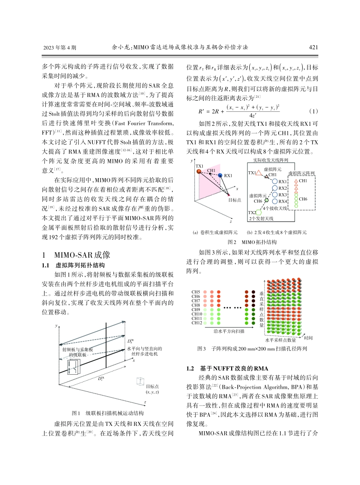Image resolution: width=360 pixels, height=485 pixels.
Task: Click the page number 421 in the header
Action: click(313, 47)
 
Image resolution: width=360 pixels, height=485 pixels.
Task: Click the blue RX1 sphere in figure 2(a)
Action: click(220, 175)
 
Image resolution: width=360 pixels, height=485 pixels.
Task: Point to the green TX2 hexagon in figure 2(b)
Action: click(258, 212)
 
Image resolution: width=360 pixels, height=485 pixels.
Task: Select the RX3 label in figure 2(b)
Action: click(283, 195)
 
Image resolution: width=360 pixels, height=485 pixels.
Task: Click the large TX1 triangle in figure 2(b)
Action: click(259, 173)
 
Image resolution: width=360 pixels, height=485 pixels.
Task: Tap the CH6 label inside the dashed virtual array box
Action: click(303, 199)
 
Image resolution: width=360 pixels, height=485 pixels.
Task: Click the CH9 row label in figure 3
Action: click(196, 310)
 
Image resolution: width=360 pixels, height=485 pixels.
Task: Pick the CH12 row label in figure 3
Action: click(197, 323)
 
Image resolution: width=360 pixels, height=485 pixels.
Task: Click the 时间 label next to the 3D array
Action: click(308, 338)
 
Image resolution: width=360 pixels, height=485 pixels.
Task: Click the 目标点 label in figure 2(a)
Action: click(235, 200)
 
